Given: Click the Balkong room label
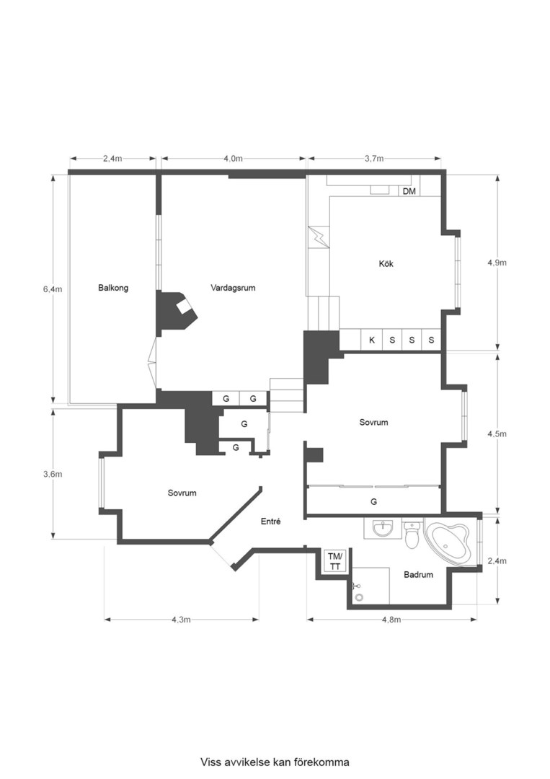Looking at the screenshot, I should tap(113, 288).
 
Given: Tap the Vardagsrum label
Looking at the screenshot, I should tap(233, 288).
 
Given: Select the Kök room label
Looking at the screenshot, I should tap(386, 264).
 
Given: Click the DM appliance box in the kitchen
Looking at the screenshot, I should tap(409, 191).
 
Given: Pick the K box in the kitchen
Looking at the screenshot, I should tap(372, 340).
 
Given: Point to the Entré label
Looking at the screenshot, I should tap(270, 521).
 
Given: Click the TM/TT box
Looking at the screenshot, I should tap(335, 561).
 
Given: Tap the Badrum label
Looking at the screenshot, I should tap(418, 575).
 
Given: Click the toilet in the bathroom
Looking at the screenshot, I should tap(412, 537).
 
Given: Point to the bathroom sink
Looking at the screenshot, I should tap(381, 529).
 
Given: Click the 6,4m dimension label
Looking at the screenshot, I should tap(53, 289).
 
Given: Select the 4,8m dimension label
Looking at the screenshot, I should tap(391, 619).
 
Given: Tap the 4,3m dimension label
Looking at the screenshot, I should tap(181, 619).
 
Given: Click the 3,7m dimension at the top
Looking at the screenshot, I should tap(373, 159).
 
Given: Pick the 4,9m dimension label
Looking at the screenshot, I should tap(497, 263).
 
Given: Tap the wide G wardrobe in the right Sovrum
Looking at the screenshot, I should tap(373, 500).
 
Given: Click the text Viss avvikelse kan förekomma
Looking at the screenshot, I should tap(275, 762).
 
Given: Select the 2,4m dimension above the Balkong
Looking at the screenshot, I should tap(112, 159).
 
